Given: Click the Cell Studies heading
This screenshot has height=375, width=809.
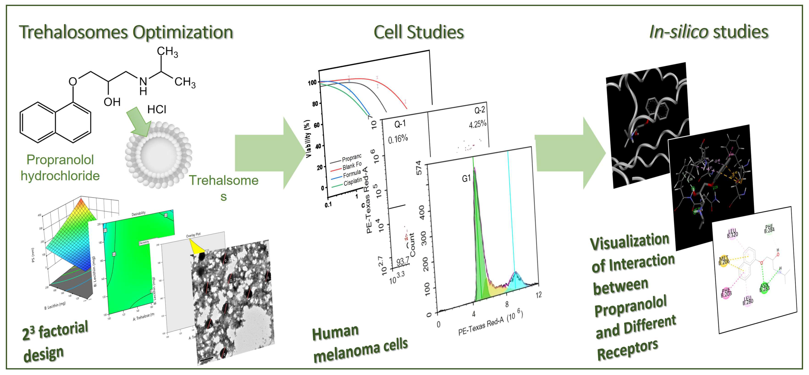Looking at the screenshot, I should (x=418, y=32).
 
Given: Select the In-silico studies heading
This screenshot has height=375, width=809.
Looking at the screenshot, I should (x=708, y=32).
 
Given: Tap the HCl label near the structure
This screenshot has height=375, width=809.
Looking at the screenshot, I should (x=157, y=109).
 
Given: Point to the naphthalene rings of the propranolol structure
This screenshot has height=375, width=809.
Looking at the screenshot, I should (x=56, y=122).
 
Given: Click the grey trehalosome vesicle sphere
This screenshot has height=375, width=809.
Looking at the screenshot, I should (x=158, y=155).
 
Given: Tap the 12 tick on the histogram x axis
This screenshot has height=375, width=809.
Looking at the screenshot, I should (x=539, y=295).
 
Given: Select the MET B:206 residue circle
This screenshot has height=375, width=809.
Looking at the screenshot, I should (x=724, y=261).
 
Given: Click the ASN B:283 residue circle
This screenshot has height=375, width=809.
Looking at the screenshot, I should (x=764, y=287).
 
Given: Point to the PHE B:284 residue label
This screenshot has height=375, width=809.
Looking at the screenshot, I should (x=769, y=229).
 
